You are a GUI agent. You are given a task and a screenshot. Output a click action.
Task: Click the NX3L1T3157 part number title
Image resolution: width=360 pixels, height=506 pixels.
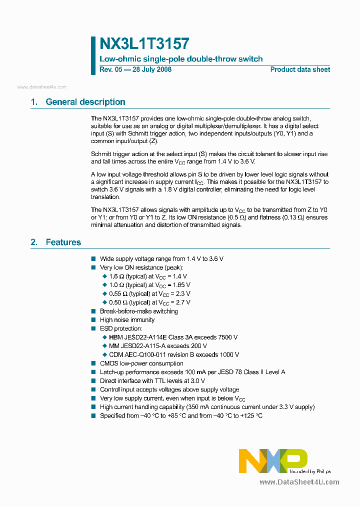tap(144, 44)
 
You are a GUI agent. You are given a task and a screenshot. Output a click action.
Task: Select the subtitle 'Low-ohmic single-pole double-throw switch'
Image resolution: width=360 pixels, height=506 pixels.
tap(181, 59)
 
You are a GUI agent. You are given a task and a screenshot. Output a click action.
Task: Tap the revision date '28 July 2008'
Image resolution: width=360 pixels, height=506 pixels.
tap(152, 69)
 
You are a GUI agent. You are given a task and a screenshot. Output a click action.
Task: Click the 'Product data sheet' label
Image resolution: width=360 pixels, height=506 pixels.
tap(300, 69)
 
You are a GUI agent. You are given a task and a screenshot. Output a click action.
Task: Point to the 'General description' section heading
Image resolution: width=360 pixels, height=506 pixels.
tap(85, 102)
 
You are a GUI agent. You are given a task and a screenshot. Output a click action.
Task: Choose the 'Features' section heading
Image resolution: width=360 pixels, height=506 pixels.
tap(63, 242)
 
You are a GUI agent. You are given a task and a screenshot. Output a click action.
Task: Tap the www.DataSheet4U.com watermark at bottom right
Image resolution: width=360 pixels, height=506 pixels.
tap(299, 482)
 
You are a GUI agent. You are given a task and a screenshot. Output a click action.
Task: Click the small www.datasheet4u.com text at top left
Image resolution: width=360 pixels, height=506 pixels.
tap(42, 87)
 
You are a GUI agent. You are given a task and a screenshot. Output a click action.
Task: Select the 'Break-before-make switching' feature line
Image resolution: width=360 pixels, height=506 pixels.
tap(138, 311)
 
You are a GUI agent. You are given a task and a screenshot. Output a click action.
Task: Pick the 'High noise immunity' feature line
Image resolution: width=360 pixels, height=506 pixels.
tap(127, 320)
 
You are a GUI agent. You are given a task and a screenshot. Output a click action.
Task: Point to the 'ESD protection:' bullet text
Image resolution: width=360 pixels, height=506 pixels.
tap(121, 328)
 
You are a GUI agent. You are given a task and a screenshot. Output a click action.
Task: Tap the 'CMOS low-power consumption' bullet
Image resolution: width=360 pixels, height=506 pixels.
tap(141, 363)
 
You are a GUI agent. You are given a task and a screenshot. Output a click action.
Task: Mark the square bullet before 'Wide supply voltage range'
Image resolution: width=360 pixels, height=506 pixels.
tap(93, 259)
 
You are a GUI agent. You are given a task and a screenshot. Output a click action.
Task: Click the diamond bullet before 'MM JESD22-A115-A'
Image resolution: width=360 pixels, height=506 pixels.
tap(105, 346)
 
